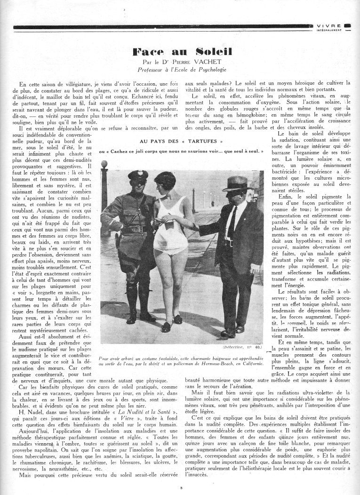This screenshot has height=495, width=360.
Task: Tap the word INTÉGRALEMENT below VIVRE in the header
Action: pos(331,31)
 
